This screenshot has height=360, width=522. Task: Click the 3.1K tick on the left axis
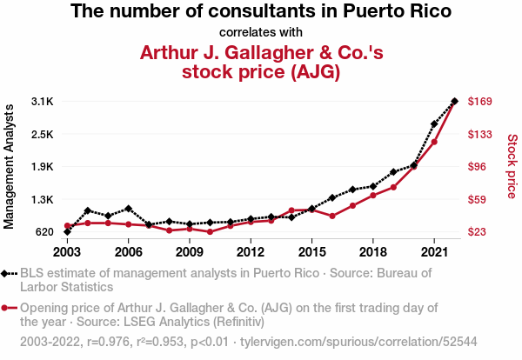[43, 101]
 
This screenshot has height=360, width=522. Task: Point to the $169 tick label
[479, 101]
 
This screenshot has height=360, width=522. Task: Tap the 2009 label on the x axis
[190, 252]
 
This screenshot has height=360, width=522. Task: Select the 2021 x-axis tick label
[434, 252]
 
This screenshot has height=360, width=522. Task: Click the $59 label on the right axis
[477, 200]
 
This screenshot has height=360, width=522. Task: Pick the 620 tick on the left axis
[44, 232]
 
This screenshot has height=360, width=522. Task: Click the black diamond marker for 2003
[67, 231]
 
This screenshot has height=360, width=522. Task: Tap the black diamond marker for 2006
[129, 209]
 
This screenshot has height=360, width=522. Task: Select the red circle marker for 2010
[210, 231]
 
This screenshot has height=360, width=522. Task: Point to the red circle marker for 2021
[434, 142]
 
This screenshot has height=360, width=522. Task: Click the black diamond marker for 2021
[434, 124]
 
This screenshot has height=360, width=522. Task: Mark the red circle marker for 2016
[332, 216]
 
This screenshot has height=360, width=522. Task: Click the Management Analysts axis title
[9, 167]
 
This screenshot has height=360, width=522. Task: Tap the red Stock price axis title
[512, 166]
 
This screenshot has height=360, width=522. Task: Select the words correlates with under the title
[261, 32]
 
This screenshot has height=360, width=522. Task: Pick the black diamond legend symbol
[4, 274]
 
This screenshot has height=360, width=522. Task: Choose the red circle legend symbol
[4, 308]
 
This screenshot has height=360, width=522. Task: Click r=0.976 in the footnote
[108, 342]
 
